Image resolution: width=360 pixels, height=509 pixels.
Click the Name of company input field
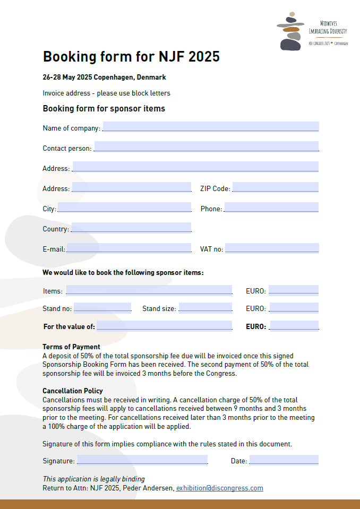(x=211, y=126)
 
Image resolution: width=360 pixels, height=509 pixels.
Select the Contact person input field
(x=206, y=146)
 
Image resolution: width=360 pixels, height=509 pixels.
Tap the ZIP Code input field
(x=275, y=187)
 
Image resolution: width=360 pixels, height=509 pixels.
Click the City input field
(x=124, y=207)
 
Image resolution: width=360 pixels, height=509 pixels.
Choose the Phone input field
(x=271, y=207)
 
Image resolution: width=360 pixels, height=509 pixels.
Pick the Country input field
(x=131, y=227)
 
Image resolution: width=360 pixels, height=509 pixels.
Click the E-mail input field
(x=128, y=248)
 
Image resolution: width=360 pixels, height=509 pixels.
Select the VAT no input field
(x=272, y=248)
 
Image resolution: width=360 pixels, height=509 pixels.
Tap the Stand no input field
(x=102, y=307)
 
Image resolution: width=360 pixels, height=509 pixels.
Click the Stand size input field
(x=205, y=307)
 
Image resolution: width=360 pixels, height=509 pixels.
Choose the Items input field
(x=149, y=290)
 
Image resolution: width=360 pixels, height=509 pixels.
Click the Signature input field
(x=142, y=460)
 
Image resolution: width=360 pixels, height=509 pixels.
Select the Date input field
(x=284, y=460)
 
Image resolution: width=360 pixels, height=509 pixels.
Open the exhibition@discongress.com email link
(x=219, y=488)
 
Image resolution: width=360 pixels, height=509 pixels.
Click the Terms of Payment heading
(x=71, y=347)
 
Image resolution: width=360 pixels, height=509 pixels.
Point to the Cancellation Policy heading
(x=73, y=391)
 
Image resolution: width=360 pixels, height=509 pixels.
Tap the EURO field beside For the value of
(x=294, y=325)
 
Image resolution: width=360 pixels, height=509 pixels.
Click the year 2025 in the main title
(x=201, y=57)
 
